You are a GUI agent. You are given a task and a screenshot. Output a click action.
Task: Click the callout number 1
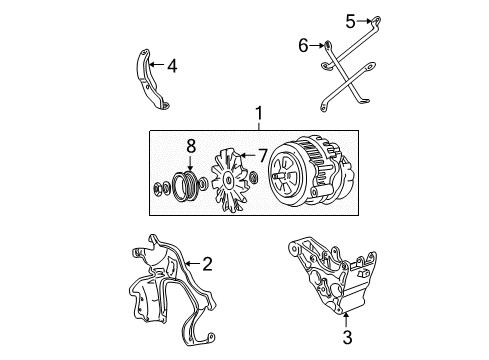click(259, 115)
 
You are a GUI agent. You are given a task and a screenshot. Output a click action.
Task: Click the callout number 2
click(207, 264)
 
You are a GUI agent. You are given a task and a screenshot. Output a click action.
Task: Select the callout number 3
click(346, 337)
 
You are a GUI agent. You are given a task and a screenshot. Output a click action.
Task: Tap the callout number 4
click(171, 66)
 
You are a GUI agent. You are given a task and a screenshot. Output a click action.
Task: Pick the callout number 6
click(303, 45)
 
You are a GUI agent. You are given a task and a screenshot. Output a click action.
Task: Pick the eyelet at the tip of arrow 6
click(328, 45)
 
